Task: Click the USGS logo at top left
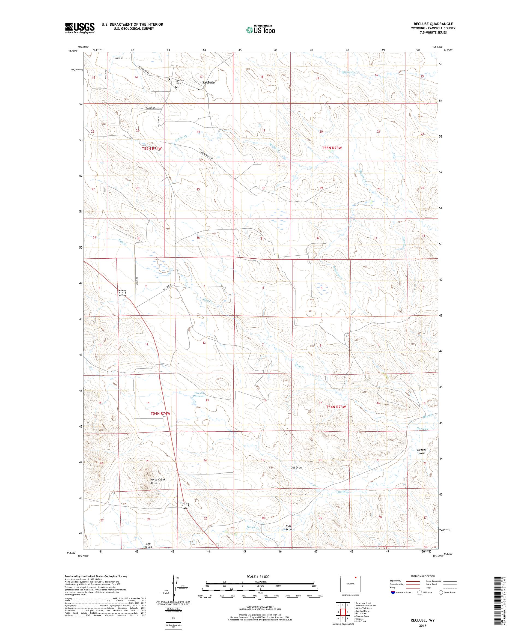[80, 28]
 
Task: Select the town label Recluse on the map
[208, 82]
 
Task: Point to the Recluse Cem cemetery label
[180, 82]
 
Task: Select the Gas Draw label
[296, 467]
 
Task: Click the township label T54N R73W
[336, 407]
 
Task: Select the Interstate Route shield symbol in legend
[392, 592]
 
